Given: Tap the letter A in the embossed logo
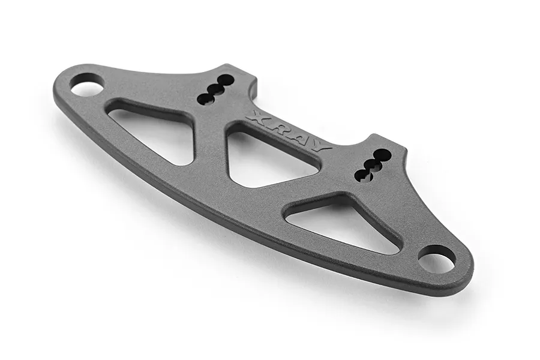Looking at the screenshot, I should pos(301,136).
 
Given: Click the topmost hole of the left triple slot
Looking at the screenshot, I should pos(225,80).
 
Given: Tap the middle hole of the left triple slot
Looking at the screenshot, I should pos(215,89).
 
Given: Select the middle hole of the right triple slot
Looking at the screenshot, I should pos(373,164).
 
